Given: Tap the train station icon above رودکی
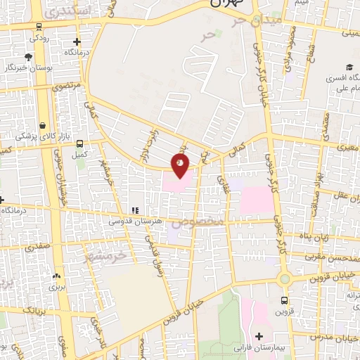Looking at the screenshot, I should pyautogui.click(x=37, y=27).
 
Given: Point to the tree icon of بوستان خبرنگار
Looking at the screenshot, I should pyautogui.click(x=28, y=57).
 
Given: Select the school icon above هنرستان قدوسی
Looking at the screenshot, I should pyautogui.click(x=134, y=210).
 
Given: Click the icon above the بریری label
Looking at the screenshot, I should pyautogui.click(x=56, y=276).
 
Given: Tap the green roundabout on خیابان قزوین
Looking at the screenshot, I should pyautogui.click(x=284, y=279).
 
